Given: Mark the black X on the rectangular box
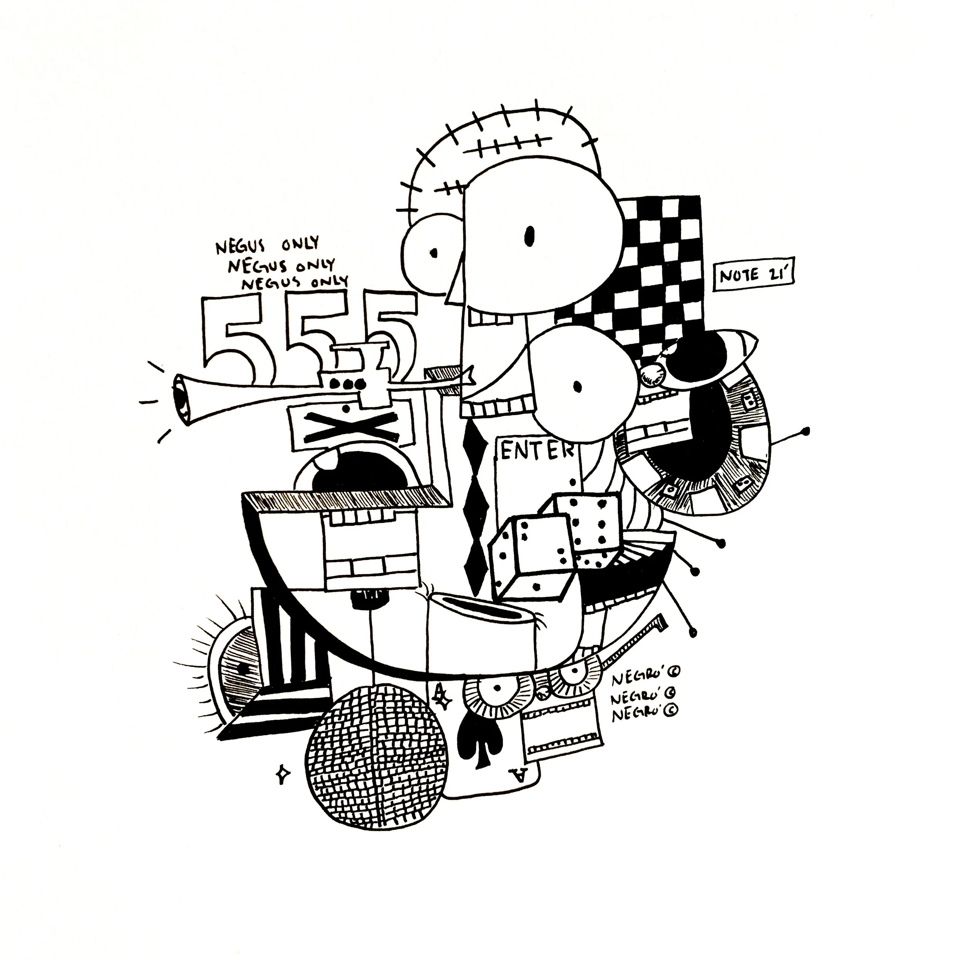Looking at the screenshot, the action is click(348, 427).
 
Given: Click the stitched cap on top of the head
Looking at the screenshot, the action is click(505, 145).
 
